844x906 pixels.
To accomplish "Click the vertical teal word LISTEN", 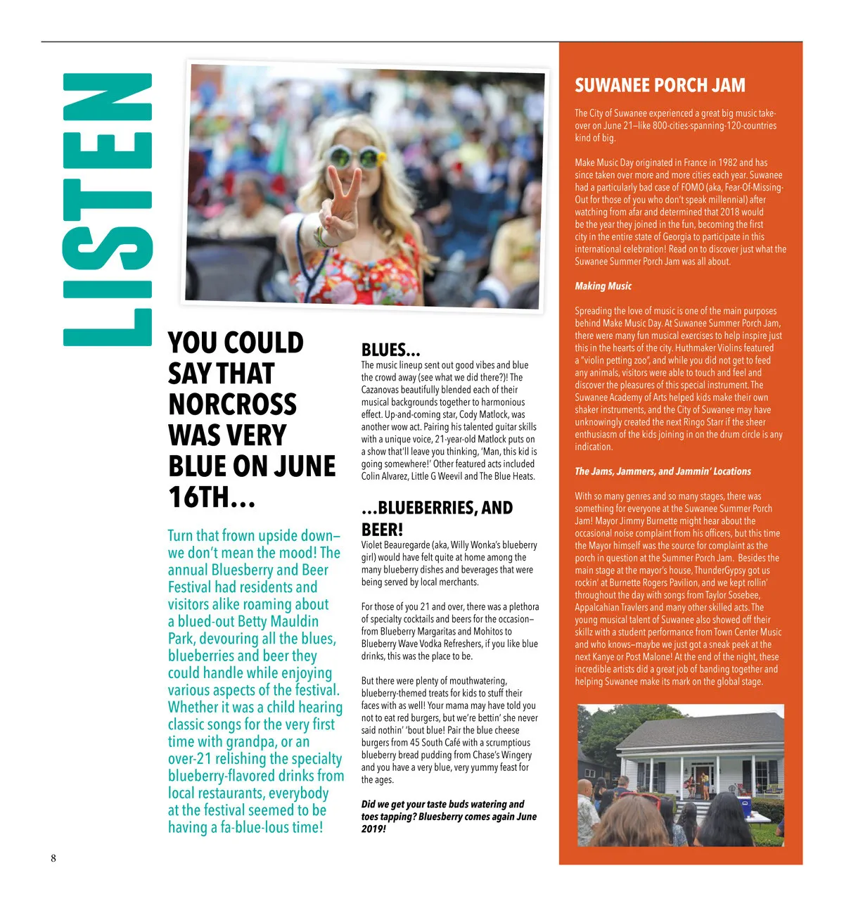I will (x=107, y=210).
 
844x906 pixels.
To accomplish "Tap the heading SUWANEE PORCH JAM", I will (x=659, y=86).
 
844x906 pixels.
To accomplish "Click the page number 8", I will (x=53, y=857).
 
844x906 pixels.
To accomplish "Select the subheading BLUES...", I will (x=390, y=350).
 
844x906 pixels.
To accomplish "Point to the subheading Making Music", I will (x=603, y=286).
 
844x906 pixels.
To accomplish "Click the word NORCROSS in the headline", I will (x=232, y=404).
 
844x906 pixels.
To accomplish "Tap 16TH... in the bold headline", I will (x=211, y=497).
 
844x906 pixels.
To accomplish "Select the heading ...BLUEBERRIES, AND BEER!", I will (x=437, y=518).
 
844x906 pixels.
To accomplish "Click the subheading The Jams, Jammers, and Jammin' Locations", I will (x=663, y=471).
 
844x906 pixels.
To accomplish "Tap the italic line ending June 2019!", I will (x=449, y=816).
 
